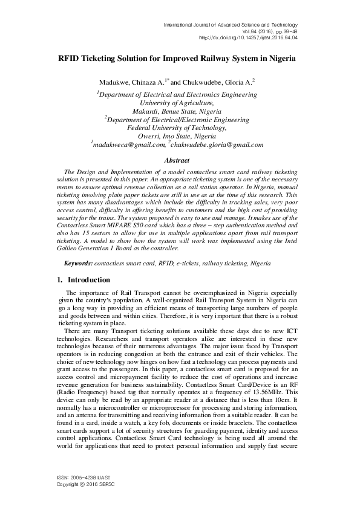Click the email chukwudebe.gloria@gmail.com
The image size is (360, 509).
(218, 145)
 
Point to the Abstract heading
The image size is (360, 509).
(177, 160)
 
